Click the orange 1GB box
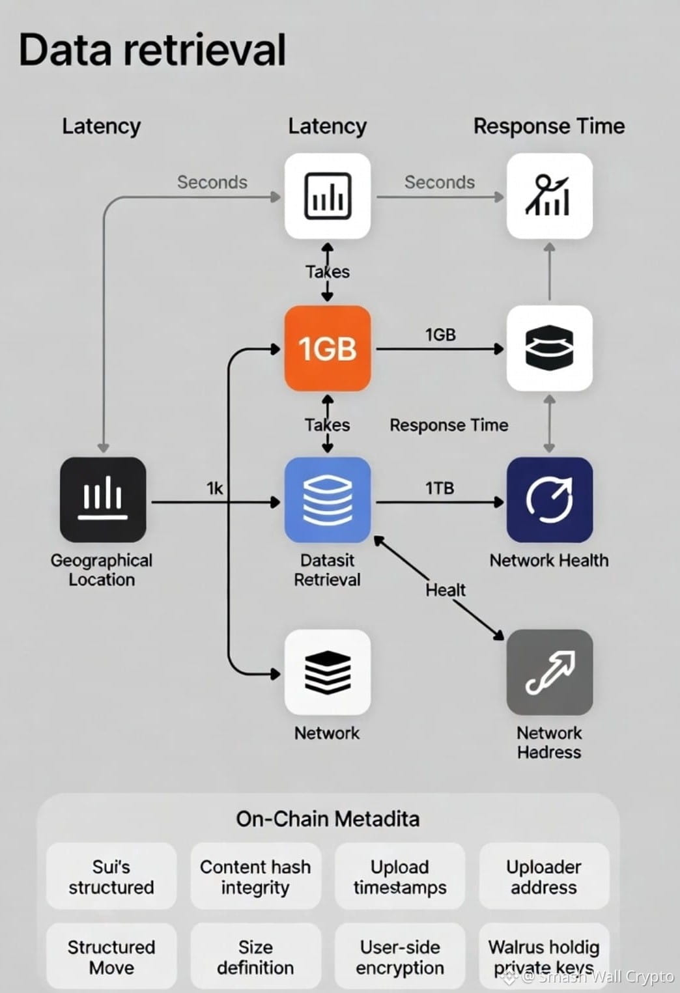328,348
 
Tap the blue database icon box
328,500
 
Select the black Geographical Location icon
103,500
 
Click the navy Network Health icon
549,500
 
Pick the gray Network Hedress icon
549,672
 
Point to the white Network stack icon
328,672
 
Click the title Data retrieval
152,50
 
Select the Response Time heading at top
548,126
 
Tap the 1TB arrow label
440,488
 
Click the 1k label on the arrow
215,488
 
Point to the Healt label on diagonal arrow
446,590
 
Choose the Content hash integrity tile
255,877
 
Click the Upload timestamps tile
400,877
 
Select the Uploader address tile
544,877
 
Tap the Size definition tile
255,957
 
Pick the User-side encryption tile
400,957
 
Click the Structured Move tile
111,957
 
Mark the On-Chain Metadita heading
328,818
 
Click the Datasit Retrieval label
327,570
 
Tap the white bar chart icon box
328,195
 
